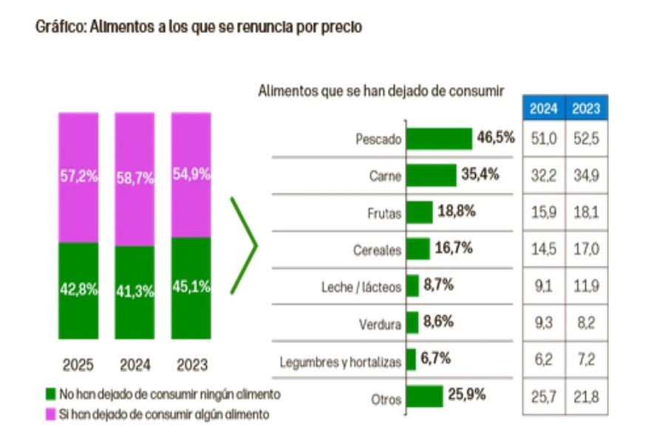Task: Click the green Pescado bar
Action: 439,139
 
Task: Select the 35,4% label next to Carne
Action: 479,175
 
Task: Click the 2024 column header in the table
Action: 545,109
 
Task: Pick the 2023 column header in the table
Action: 587,109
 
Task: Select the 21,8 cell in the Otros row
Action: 587,398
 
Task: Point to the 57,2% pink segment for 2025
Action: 78,177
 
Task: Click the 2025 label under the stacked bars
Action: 78,365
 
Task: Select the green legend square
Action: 50,394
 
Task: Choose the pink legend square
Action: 50,414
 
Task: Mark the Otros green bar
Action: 424,396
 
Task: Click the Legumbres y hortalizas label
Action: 341,363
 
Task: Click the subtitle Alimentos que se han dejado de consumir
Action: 381,91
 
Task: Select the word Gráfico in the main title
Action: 60,27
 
